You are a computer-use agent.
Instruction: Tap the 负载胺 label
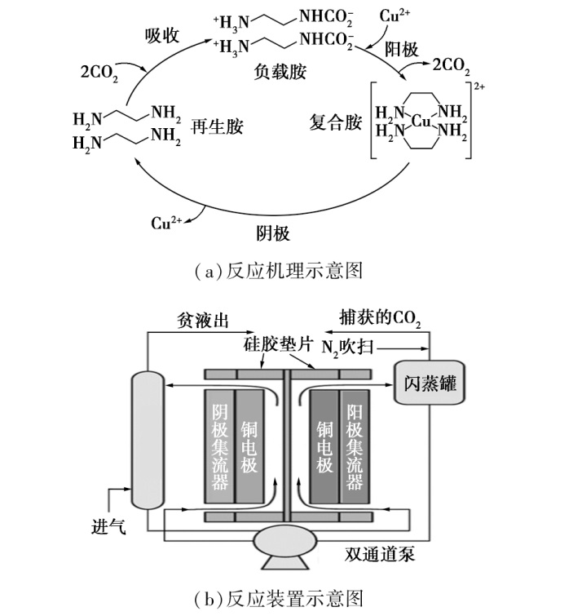[279, 73]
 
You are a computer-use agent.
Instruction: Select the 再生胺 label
[218, 127]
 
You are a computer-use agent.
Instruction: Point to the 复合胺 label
[336, 123]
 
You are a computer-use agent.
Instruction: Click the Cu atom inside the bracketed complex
[421, 122]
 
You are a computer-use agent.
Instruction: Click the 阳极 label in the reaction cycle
[402, 49]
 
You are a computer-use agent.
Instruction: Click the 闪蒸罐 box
[429, 379]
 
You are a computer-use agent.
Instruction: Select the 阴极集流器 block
[218, 446]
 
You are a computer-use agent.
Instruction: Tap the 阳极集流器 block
[354, 446]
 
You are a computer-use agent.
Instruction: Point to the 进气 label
[108, 527]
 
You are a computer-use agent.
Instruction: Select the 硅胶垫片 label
[275, 348]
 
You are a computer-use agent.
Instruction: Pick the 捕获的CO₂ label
[380, 319]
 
